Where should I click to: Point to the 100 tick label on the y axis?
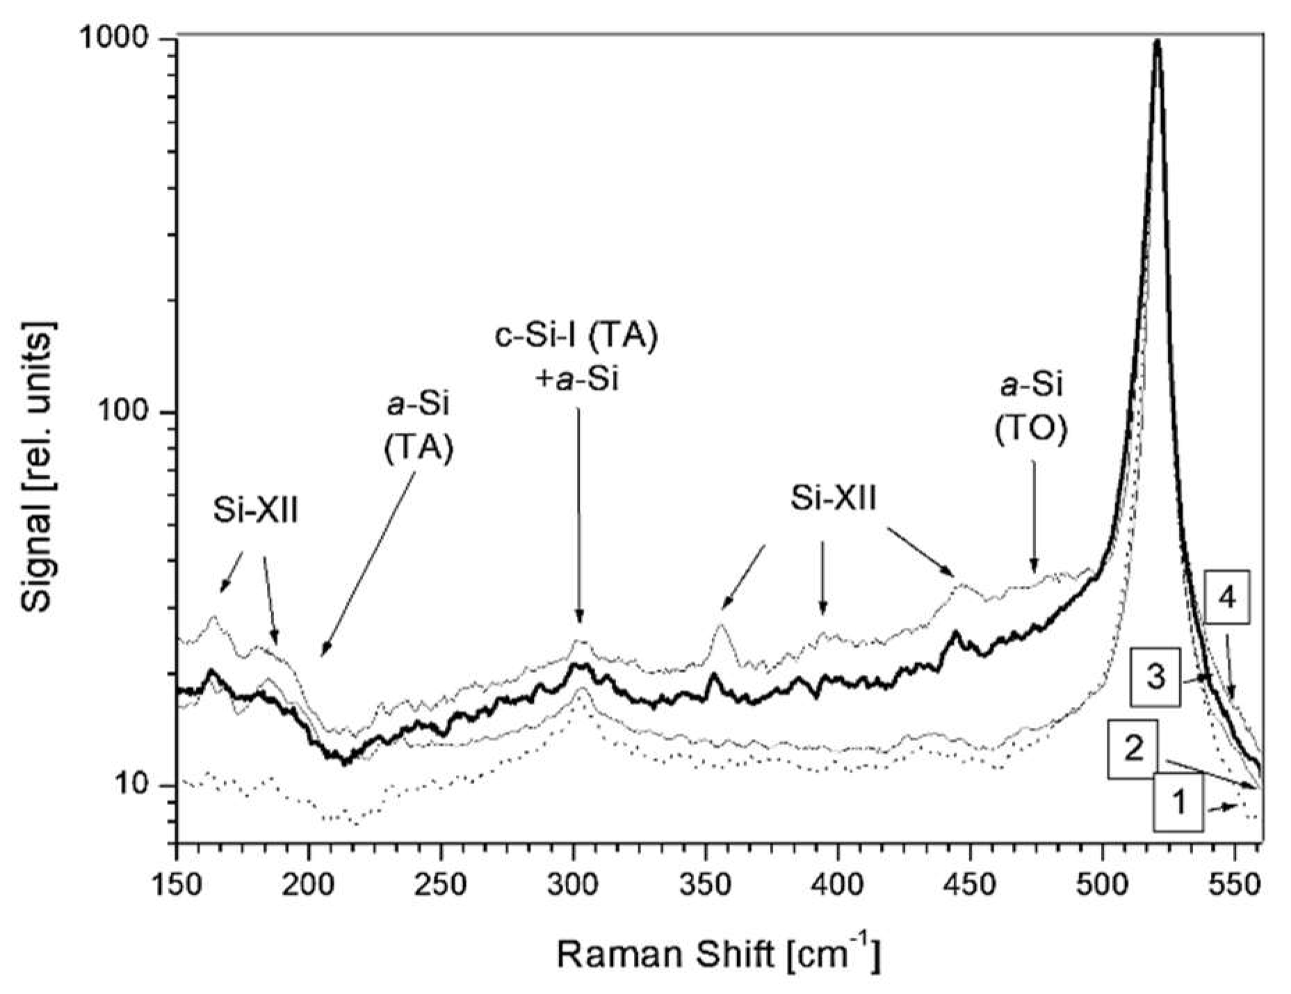pyautogui.click(x=131, y=412)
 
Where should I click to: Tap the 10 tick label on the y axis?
pyautogui.click(x=140, y=785)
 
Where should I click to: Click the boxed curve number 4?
pyautogui.click(x=1228, y=598)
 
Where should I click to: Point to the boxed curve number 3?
pyautogui.click(x=1155, y=678)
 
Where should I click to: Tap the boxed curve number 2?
pyautogui.click(x=1134, y=749)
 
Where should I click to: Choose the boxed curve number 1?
pyautogui.click(x=1179, y=804)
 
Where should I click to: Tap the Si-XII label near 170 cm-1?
pyautogui.click(x=255, y=512)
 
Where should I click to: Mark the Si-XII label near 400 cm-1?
pyautogui.click(x=834, y=498)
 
